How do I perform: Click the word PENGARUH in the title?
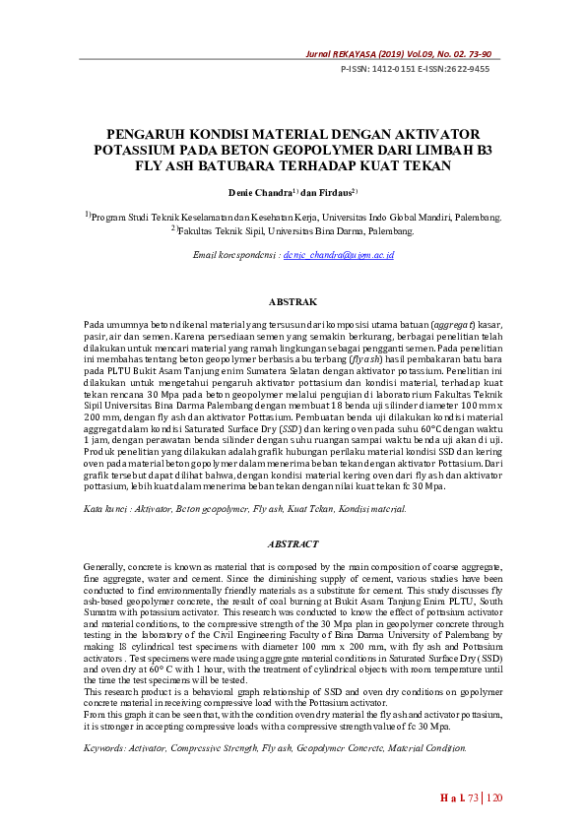pos(150,134)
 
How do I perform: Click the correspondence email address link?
pos(338,255)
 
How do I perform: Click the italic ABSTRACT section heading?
pos(293,544)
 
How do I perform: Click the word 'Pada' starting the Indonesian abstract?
pos(95,324)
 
